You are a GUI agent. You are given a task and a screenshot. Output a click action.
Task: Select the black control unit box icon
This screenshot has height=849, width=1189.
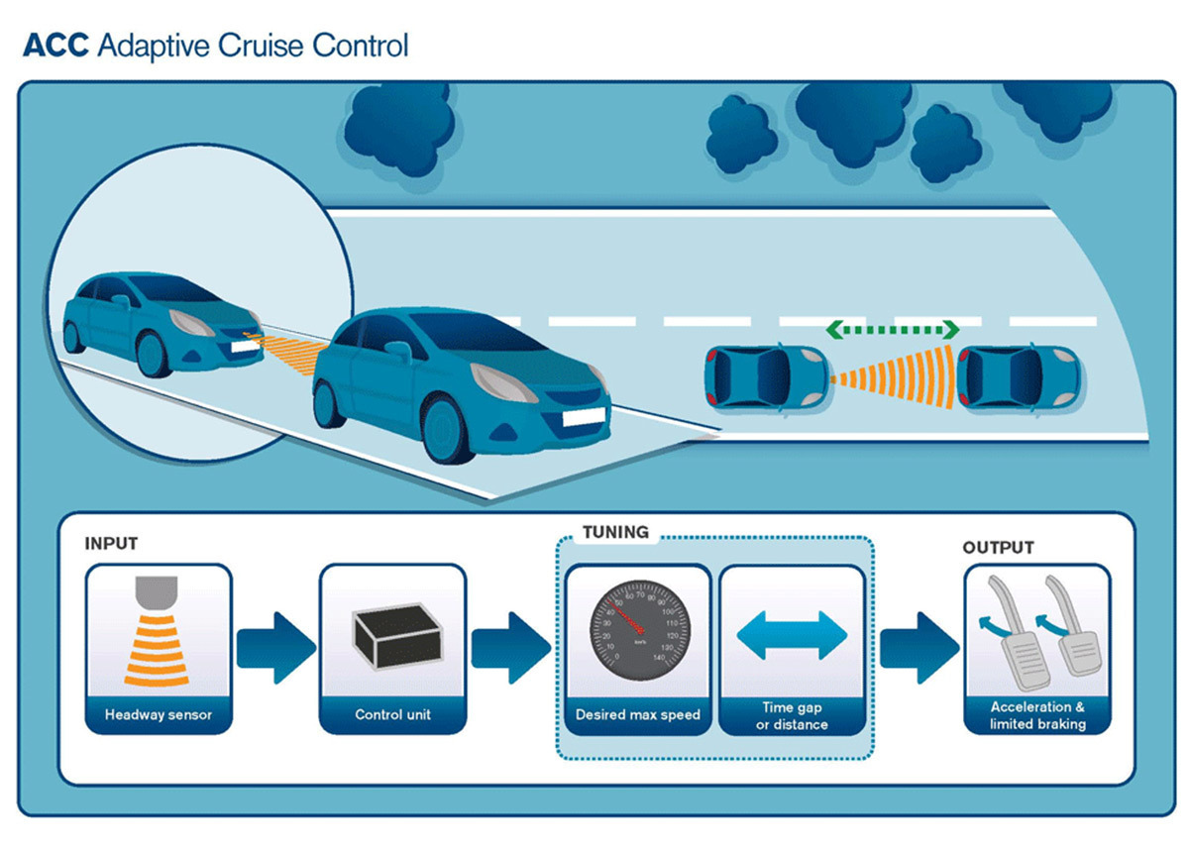392,634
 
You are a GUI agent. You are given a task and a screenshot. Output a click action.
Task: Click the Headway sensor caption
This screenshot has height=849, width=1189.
159,714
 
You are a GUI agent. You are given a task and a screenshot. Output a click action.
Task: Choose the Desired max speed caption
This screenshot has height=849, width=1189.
638,714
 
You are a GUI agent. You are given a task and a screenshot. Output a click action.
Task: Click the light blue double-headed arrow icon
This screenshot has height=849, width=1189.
792,635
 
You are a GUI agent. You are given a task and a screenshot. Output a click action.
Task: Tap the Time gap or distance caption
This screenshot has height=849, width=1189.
792,715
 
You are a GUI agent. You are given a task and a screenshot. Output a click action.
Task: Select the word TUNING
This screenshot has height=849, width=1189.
615,532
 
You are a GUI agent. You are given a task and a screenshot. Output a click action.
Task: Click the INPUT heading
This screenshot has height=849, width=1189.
111,544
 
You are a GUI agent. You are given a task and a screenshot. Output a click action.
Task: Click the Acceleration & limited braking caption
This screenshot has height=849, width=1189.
1037,715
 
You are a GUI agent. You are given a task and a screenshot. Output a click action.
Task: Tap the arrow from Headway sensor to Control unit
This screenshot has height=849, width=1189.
275,648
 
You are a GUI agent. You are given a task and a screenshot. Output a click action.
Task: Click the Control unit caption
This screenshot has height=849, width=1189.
392,714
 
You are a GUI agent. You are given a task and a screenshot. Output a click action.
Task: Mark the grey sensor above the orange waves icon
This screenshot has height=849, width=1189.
159,592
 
